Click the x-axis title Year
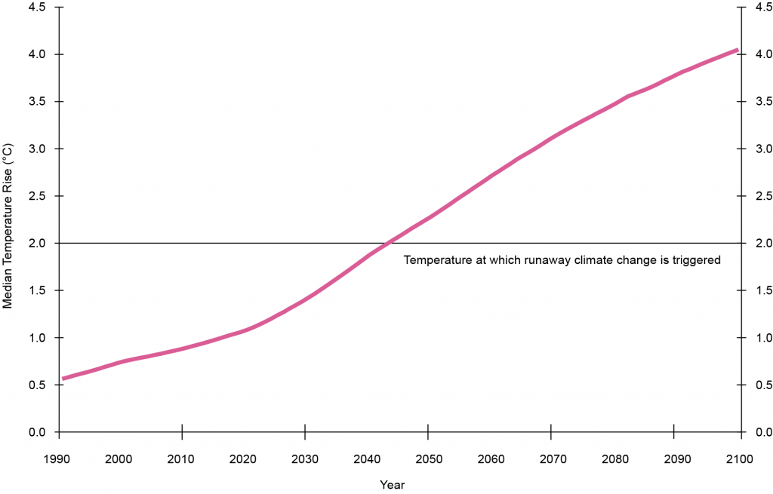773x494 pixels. pos(393,484)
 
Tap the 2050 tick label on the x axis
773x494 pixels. pos(428,459)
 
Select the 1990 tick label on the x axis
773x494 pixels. pos(58,459)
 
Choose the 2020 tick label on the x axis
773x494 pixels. pos(243,459)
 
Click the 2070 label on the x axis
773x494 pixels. pos(551,459)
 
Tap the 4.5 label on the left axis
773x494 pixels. pos(37,8)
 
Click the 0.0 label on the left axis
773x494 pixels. pos(37,432)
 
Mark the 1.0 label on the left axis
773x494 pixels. pos(37,338)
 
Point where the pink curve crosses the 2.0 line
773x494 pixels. pos(387,243)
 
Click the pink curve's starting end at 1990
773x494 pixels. pos(63,378)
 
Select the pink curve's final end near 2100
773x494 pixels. pos(737,51)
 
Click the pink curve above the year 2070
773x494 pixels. pos(551,137)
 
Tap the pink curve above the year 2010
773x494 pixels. pos(182,348)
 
